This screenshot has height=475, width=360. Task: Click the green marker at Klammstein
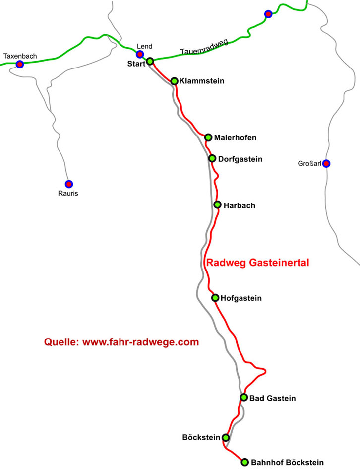point(174,81)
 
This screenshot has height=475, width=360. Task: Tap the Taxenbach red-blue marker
point(20,65)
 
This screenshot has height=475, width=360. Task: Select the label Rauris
point(68,194)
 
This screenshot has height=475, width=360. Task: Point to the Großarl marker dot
point(326,163)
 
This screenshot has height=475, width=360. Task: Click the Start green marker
point(150,61)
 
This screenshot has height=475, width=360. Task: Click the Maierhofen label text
point(235,137)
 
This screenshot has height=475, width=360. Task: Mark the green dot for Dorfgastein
point(212,159)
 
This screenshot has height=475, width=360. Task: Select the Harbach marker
point(217,204)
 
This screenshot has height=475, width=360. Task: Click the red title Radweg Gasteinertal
point(257,263)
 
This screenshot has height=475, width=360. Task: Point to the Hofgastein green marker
point(215,298)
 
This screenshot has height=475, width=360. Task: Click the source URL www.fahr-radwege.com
point(140,342)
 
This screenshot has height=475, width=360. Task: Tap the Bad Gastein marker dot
point(243,397)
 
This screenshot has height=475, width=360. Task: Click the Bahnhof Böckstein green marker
point(244,462)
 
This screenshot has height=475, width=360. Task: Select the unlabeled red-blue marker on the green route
point(268,14)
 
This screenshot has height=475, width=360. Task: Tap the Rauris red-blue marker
point(69,184)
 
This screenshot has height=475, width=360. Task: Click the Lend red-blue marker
point(140,54)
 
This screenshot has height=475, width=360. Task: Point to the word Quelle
point(61,342)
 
